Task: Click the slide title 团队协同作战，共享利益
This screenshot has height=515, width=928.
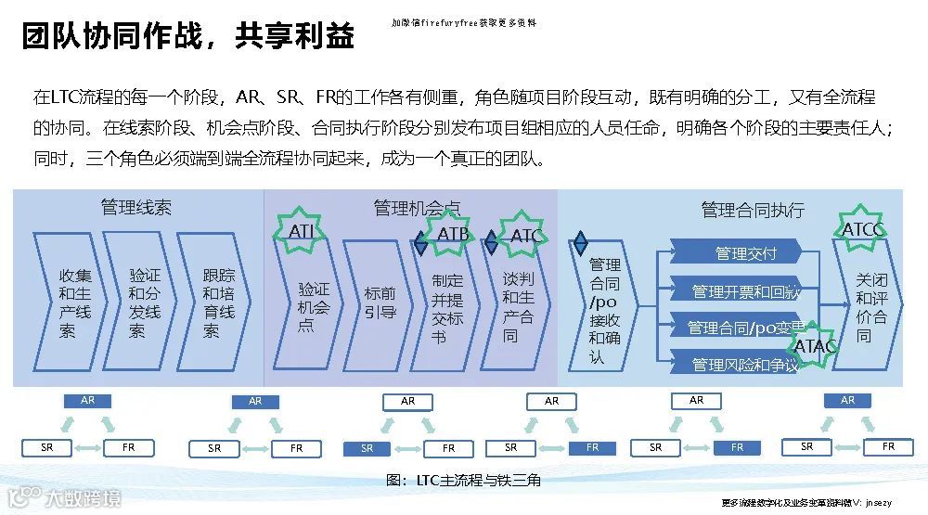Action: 188,35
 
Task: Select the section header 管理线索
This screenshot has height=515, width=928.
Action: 136,207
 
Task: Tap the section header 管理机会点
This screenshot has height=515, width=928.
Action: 417,208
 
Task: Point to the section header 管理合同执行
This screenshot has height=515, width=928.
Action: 753,210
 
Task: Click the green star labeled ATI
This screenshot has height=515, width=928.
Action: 302,231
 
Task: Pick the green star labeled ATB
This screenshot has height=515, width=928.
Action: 452,235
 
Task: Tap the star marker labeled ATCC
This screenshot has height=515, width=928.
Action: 862,229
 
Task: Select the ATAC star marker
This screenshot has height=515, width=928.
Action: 816,346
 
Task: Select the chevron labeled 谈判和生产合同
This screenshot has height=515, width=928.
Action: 519,306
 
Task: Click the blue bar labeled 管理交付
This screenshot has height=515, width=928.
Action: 745,253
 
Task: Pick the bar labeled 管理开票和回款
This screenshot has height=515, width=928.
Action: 745,291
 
